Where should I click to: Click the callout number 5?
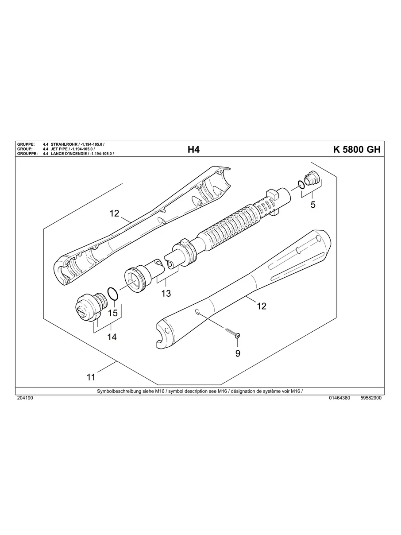coord(313,205)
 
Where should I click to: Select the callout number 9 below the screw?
coord(238,353)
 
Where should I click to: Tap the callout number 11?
coord(91,377)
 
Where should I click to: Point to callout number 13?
coord(166,293)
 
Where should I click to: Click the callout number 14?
coord(112,337)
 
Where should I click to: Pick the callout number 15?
coord(113,313)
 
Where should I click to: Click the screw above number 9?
coord(233,333)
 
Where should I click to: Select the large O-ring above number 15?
coord(113,294)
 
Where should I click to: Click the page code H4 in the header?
coord(193,150)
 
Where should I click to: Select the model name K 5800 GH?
coord(356,150)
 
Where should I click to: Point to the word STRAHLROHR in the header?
coord(64,145)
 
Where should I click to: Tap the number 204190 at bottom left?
coord(25,398)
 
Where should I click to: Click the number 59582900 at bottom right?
coord(371,398)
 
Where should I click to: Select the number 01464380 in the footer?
coord(339,398)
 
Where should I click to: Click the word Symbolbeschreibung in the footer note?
coord(116,392)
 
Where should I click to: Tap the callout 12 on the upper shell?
coord(115,213)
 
